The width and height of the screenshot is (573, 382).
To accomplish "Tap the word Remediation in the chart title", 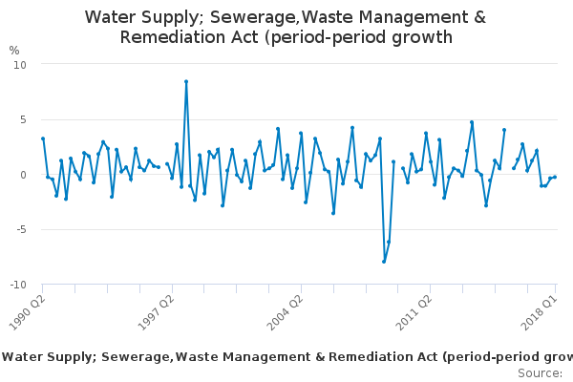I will pyautogui.click(x=176, y=37).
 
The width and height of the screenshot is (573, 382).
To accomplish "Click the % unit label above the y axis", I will pyautogui.click(x=14, y=50).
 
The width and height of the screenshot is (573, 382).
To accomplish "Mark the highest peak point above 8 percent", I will pyautogui.click(x=186, y=81).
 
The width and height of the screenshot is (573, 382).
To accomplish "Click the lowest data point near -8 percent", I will pyautogui.click(x=384, y=262).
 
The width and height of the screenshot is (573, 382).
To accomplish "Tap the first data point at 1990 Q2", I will pyautogui.click(x=43, y=138).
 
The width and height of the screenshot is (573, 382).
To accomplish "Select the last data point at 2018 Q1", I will pyautogui.click(x=555, y=177).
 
